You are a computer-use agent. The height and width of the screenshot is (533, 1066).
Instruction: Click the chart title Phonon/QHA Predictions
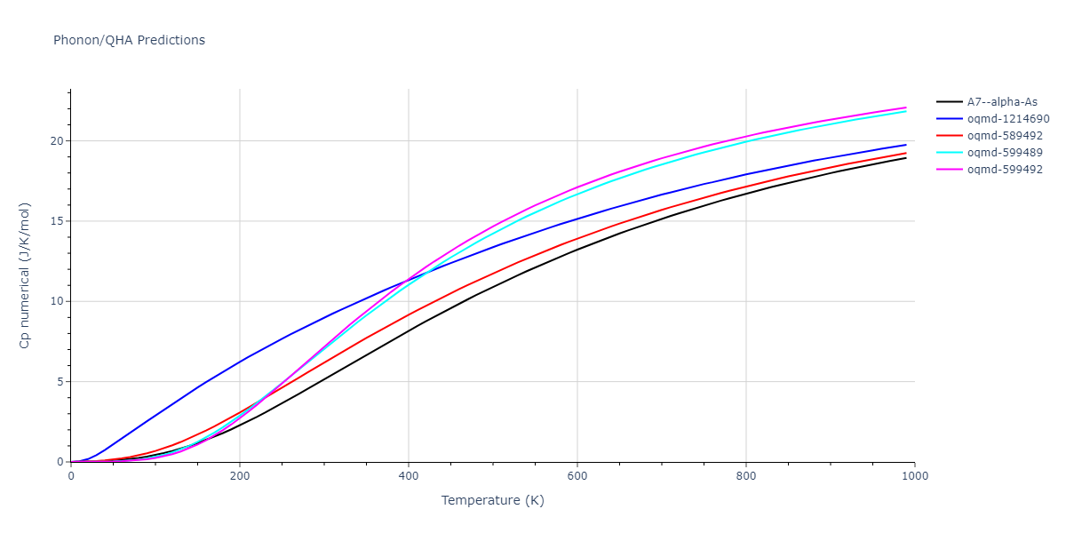click(x=129, y=40)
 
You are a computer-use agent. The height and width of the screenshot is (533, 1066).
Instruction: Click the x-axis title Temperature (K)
click(x=492, y=500)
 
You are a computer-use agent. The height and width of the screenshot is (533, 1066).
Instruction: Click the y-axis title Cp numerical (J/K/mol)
click(x=25, y=275)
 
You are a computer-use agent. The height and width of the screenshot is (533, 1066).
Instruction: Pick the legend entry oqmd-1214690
click(x=1008, y=119)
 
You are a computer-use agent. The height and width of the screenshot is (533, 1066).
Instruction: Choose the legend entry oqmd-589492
click(x=1005, y=136)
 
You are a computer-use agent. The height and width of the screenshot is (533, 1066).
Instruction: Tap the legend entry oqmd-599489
click(x=1005, y=153)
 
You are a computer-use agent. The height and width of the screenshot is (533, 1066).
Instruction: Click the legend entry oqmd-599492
click(x=1005, y=170)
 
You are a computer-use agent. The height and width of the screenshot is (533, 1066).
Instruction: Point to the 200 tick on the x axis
click(x=240, y=476)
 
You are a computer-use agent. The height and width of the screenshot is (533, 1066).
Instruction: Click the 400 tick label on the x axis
click(x=409, y=476)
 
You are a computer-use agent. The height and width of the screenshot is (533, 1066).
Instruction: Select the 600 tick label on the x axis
click(x=577, y=476)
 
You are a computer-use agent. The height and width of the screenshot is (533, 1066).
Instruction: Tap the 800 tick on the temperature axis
click(x=746, y=476)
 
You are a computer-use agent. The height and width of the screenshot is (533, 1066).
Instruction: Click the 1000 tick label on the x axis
click(x=915, y=476)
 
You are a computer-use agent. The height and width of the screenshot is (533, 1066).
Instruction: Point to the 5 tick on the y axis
click(x=59, y=382)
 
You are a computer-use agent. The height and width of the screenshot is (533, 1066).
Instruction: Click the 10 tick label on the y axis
click(x=56, y=301)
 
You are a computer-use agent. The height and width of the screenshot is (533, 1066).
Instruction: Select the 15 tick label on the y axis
click(x=56, y=221)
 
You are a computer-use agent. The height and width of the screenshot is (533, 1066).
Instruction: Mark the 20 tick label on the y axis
click(x=56, y=140)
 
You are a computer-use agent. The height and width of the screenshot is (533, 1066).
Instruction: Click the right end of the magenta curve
click(x=906, y=107)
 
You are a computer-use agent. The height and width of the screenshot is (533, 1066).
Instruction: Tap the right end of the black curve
click(x=906, y=157)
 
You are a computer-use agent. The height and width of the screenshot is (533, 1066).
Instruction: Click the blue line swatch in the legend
click(x=949, y=119)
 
